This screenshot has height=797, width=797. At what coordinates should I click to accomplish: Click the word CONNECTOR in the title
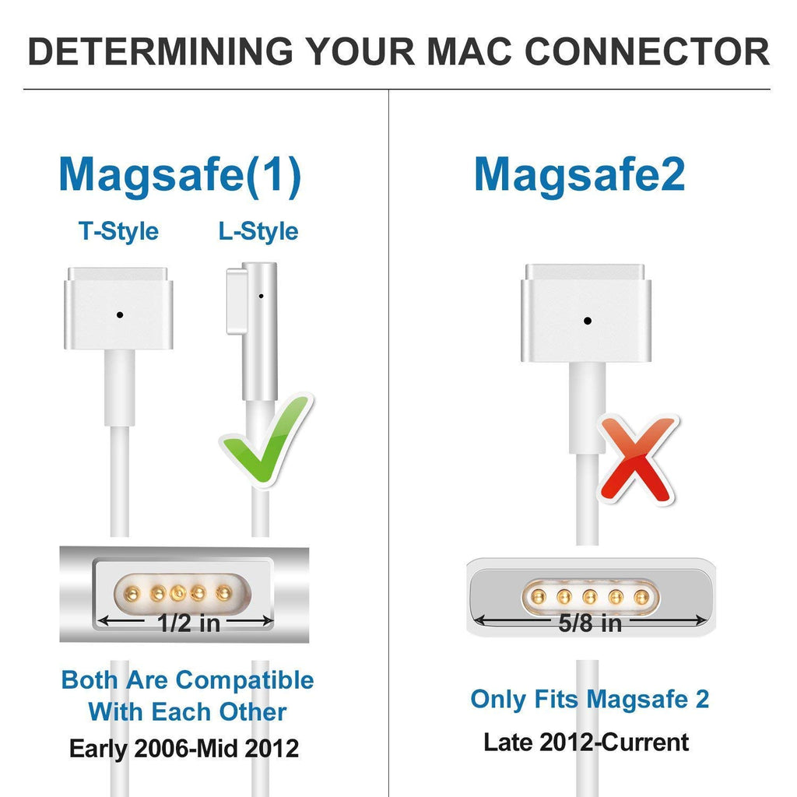coord(647,51)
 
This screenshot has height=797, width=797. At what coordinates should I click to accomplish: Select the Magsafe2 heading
coord(579,175)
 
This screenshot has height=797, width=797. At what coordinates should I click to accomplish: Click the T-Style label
coord(118,231)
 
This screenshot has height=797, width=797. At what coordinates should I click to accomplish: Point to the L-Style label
coord(258,231)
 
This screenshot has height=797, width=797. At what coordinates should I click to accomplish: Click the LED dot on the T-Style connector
coord(119,315)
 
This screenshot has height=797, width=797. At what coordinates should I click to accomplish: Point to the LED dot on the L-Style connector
coord(261,296)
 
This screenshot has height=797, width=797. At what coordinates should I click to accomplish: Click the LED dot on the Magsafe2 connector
coord(588,321)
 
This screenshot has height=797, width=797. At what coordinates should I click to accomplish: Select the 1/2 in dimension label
coord(188,623)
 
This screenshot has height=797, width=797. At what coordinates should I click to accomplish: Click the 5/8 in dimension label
coord(590,623)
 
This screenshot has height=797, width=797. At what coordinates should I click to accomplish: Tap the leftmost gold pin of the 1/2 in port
coord(132,592)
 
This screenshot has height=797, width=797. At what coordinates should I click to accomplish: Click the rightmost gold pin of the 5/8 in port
coord(642,597)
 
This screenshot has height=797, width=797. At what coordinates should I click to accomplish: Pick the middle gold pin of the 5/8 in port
coord(590,597)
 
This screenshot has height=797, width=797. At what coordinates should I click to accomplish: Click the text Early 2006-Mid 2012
coord(184,748)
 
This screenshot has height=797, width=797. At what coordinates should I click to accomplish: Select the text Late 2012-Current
coord(586,742)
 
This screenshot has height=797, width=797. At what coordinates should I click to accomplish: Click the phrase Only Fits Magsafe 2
coord(590,699)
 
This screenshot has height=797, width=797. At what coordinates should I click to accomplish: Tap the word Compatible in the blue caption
coord(244,680)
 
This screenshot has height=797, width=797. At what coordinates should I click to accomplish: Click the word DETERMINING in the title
coord(160,51)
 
